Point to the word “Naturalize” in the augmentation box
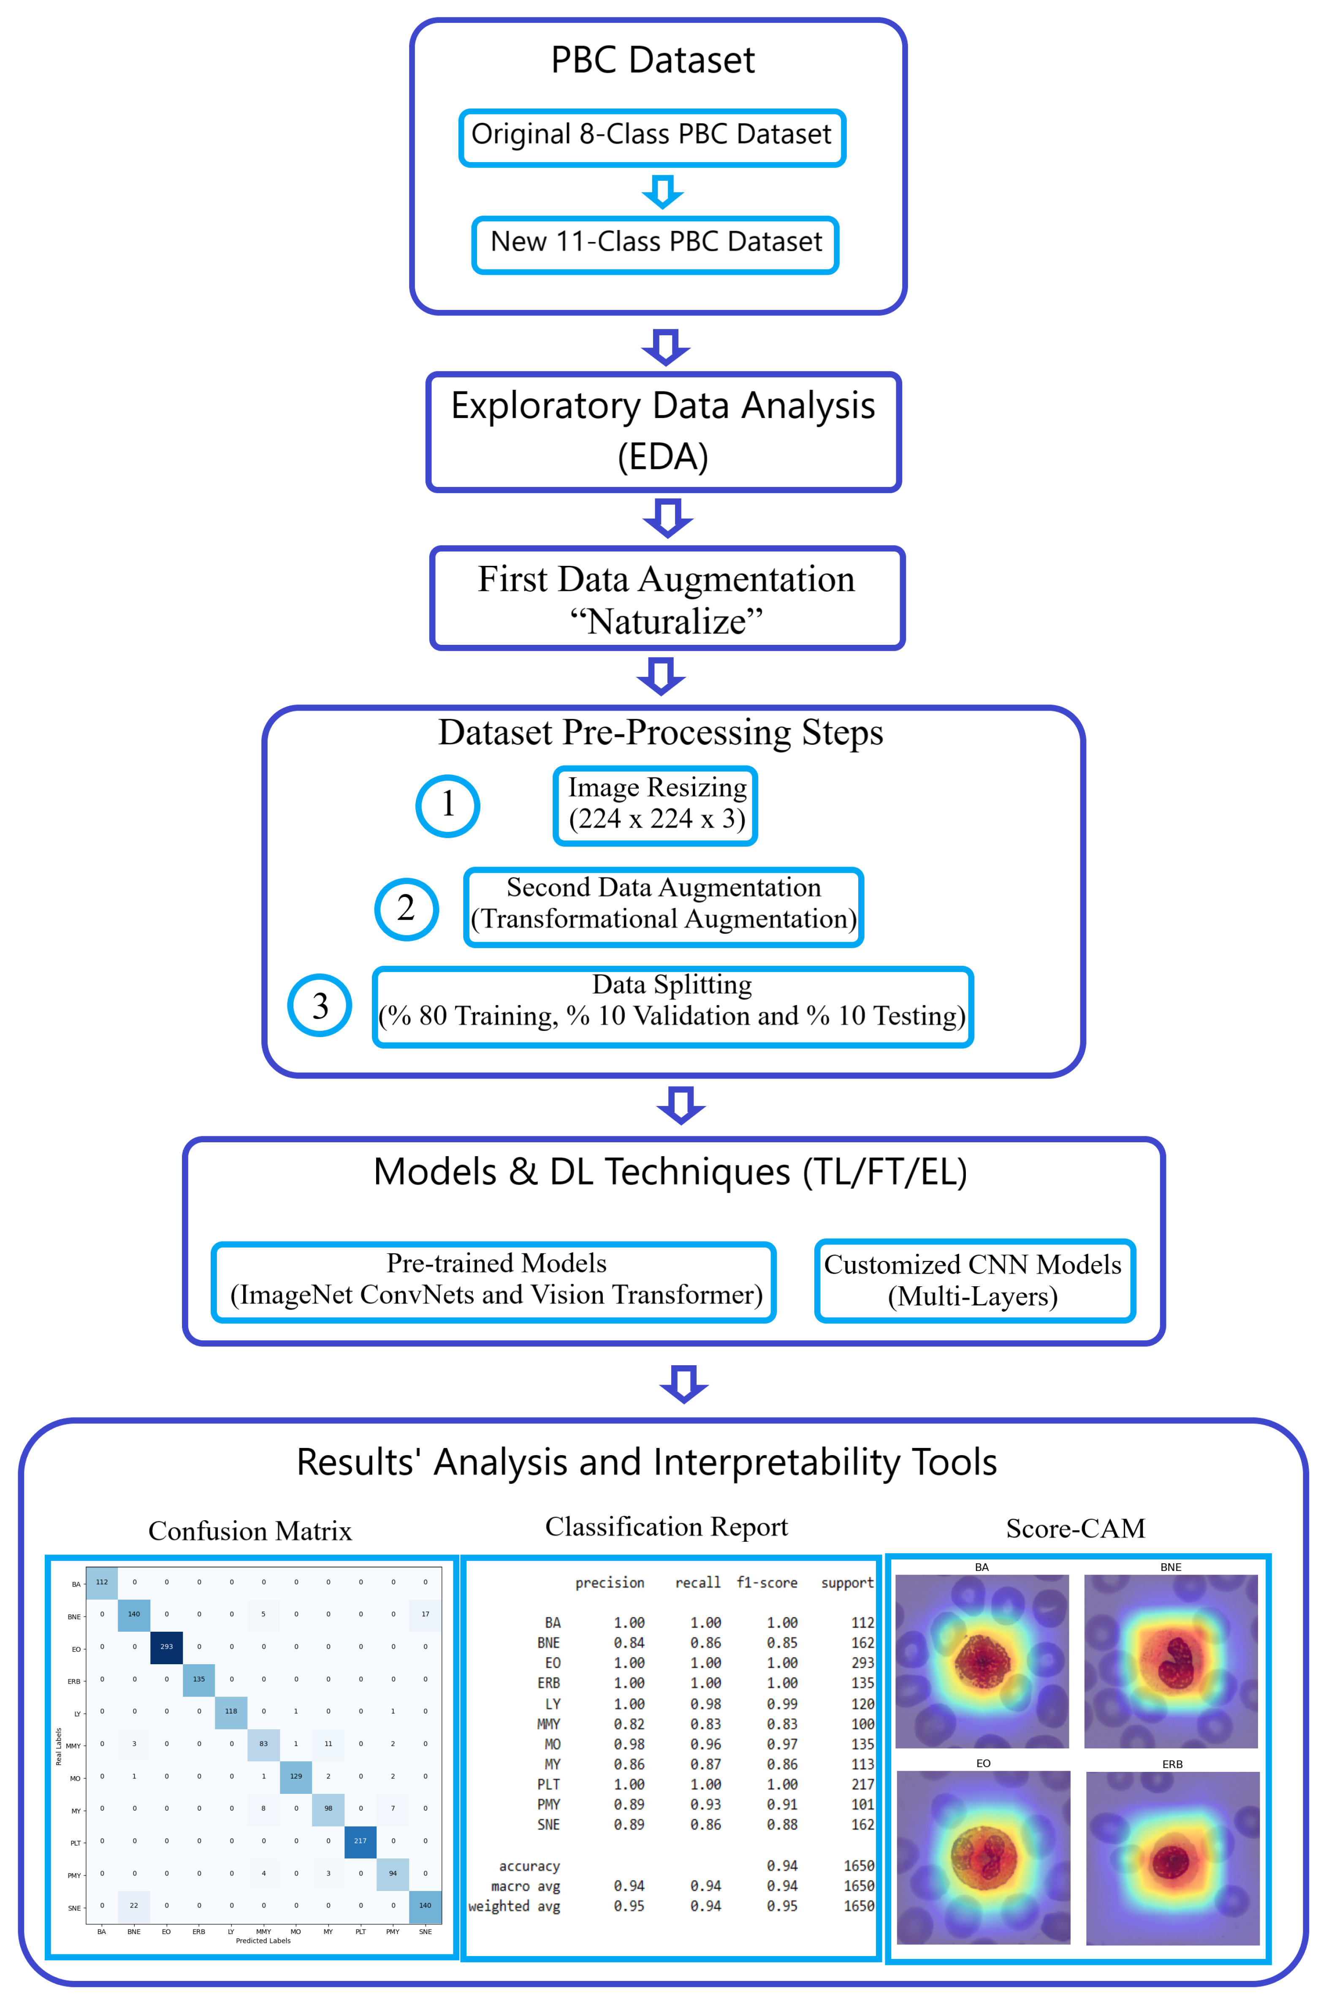(x=667, y=622)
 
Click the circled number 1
(x=447, y=805)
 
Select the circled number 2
(x=406, y=909)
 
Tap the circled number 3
(x=320, y=1006)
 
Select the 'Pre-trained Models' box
(x=496, y=1280)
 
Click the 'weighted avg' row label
(x=514, y=1906)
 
